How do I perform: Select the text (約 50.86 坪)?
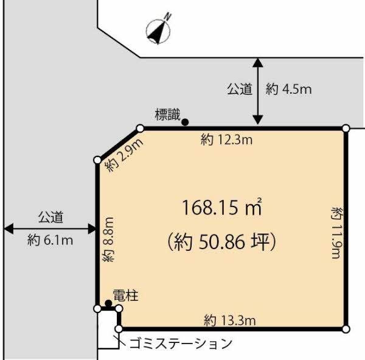221,242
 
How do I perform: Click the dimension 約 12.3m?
226,141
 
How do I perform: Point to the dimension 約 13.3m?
229,319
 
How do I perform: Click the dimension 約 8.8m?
109,239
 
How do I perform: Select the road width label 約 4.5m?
289,90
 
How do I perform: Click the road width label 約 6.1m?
50,240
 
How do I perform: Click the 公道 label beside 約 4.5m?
240,90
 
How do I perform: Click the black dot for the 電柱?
108,303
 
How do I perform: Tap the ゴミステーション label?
181,343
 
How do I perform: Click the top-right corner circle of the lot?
346,128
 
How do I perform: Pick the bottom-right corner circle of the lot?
346,329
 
